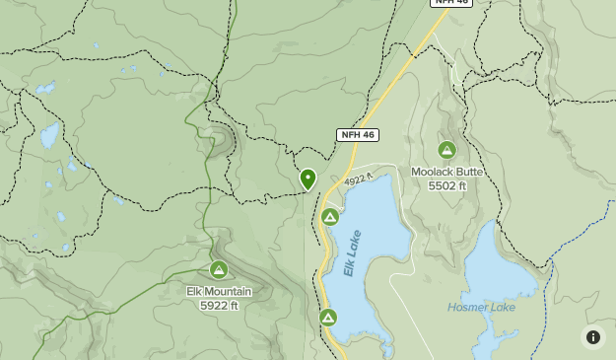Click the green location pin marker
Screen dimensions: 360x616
point(308,179)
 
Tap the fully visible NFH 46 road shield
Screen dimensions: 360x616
point(357,134)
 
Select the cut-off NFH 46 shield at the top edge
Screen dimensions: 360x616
point(450,3)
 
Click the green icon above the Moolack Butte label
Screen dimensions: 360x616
point(446,150)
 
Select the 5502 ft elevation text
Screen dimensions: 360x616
point(446,185)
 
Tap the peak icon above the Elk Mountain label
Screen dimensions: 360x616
point(219,269)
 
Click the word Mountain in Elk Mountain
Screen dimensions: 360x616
point(229,292)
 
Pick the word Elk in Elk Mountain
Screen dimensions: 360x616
point(195,292)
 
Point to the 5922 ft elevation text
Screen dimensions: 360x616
point(219,306)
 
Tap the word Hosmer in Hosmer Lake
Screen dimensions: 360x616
point(468,308)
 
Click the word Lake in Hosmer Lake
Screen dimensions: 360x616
point(503,308)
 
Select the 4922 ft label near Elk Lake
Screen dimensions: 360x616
point(360,180)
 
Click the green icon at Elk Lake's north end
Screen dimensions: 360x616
point(330,217)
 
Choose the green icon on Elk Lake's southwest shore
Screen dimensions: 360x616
point(328,318)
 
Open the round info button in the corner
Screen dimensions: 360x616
point(592,337)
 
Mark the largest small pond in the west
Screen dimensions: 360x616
point(49,135)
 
